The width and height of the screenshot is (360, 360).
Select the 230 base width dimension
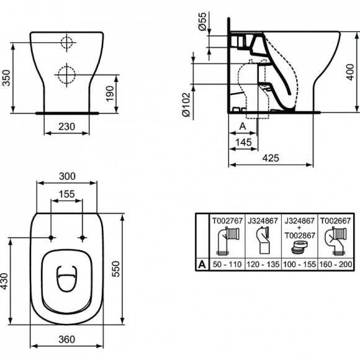click(x=66, y=126)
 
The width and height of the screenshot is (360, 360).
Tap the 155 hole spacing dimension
click(x=66, y=194)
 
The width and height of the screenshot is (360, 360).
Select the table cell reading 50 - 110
click(x=227, y=263)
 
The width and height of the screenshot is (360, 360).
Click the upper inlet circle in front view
click(x=66, y=43)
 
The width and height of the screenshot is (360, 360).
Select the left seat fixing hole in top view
click(x=50, y=238)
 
